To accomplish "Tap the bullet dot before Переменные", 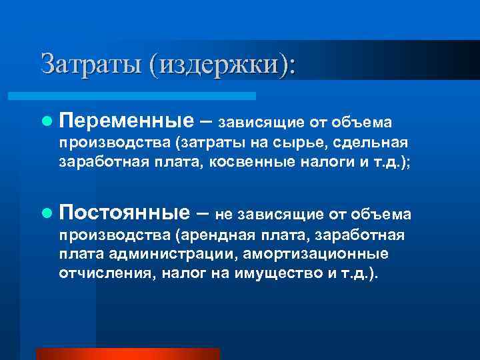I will pos(45,121).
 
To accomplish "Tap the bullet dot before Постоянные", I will pos(45,213).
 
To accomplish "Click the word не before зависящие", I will pos(225,214).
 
